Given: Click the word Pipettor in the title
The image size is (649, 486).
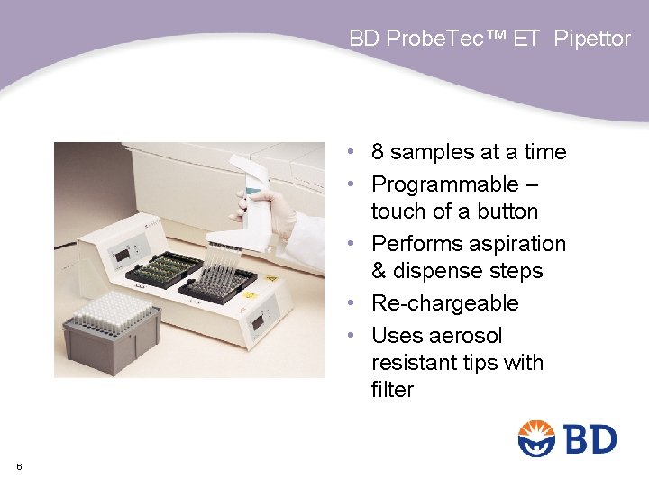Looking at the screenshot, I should [592, 39].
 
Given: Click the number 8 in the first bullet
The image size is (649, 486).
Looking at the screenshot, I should [379, 152].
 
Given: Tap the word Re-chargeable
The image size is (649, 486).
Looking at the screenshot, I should [445, 303].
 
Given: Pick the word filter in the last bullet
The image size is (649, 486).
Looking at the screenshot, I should [392, 390].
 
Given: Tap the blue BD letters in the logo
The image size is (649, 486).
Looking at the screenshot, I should [590, 440].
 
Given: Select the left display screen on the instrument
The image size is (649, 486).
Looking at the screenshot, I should [122, 256].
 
